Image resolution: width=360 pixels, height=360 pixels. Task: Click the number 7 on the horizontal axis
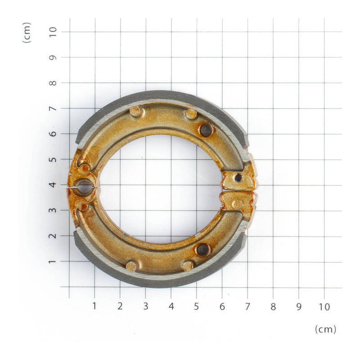(247, 306)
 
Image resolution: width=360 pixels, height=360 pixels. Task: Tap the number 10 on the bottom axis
(324, 306)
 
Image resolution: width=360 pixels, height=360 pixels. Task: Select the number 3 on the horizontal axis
(145, 306)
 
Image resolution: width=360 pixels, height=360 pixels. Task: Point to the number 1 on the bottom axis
(94, 306)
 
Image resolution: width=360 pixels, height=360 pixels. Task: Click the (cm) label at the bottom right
(325, 329)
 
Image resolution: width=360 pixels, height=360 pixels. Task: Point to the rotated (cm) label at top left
(27, 32)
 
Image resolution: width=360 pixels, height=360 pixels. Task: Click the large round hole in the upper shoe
(206, 130)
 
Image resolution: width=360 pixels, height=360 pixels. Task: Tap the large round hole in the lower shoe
(203, 250)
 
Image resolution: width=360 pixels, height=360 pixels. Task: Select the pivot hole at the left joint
(84, 186)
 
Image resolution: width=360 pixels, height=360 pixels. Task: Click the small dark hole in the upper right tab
(238, 178)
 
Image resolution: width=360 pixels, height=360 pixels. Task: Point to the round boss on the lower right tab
(237, 204)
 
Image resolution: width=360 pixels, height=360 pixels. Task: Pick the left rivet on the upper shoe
(135, 111)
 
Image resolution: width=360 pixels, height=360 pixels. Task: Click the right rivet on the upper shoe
(191, 113)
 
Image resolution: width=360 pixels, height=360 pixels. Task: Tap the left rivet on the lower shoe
(131, 266)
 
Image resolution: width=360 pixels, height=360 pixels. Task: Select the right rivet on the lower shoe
(188, 265)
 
